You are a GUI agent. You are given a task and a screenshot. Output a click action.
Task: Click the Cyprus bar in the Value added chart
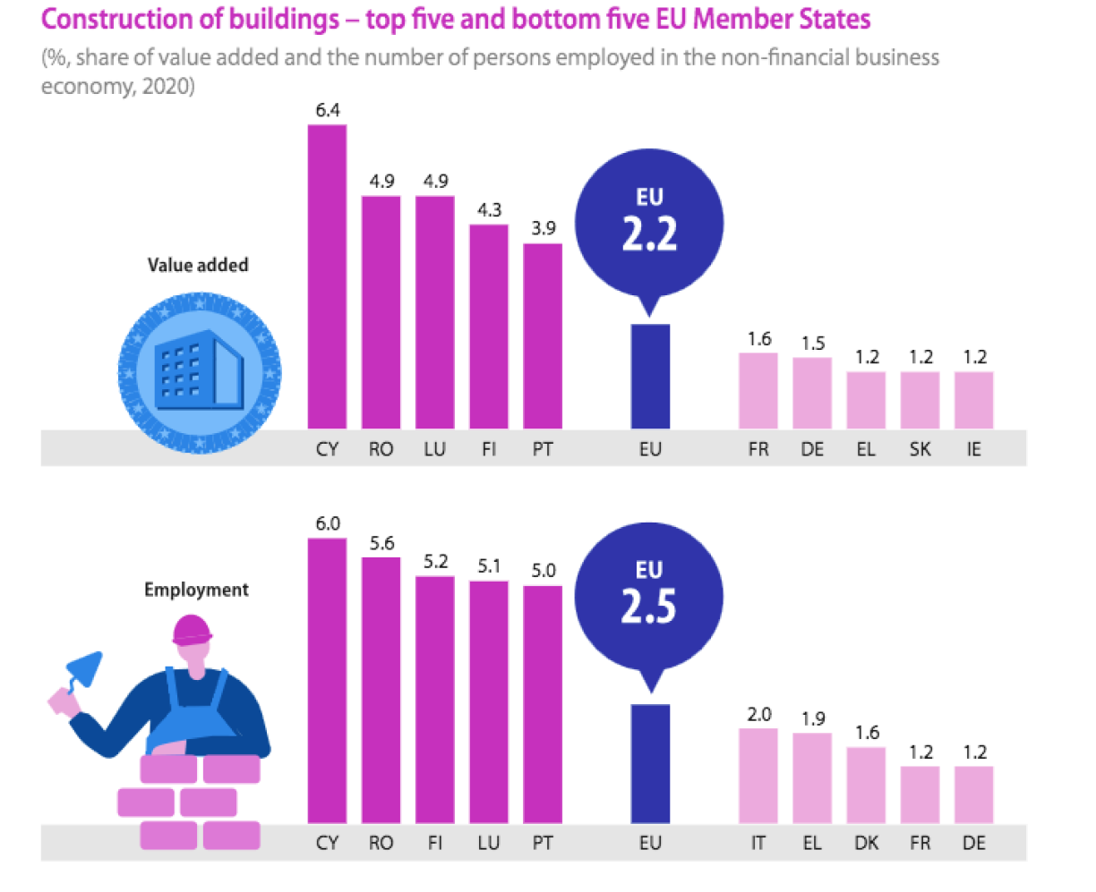click(327, 276)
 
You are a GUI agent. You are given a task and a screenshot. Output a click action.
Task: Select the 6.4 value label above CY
click(327, 110)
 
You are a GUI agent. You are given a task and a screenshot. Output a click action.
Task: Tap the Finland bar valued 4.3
click(488, 327)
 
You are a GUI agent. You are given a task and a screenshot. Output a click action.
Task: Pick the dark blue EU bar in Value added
click(650, 377)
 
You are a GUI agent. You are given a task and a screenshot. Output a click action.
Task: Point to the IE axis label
click(973, 449)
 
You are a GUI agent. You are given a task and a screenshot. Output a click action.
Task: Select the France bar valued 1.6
click(758, 391)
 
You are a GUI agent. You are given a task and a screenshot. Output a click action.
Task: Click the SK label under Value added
click(920, 449)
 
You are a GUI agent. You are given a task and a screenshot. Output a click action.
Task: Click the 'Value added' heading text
click(198, 265)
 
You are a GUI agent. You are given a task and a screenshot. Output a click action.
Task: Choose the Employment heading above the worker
click(196, 590)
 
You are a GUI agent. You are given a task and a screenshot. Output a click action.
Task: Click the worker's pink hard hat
click(193, 629)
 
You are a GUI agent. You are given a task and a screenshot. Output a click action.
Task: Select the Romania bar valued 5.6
click(381, 690)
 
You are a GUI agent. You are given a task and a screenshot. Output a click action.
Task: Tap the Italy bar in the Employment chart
click(758, 776)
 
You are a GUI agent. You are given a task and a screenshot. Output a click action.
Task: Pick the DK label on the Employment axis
click(866, 844)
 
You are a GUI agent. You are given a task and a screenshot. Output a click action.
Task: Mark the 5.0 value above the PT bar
click(543, 571)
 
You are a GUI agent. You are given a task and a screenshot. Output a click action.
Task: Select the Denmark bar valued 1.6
click(866, 785)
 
